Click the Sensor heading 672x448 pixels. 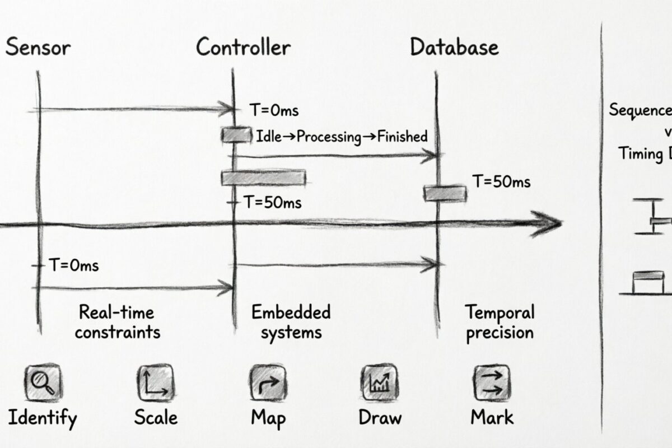(38, 48)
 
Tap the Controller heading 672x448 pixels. (244, 48)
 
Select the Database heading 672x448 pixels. (454, 48)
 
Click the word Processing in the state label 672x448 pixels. (329, 137)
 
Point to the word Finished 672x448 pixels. (402, 136)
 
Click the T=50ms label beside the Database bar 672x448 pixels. (501, 181)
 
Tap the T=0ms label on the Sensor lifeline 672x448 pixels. (73, 265)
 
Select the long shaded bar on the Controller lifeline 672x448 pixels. (264, 178)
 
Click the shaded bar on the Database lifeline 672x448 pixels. (445, 193)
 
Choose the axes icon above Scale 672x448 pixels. (155, 383)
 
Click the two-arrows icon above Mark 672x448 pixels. (491, 383)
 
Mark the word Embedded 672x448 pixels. (291, 312)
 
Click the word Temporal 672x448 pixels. (500, 312)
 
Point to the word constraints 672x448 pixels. (118, 332)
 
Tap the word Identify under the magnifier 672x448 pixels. (43, 417)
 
